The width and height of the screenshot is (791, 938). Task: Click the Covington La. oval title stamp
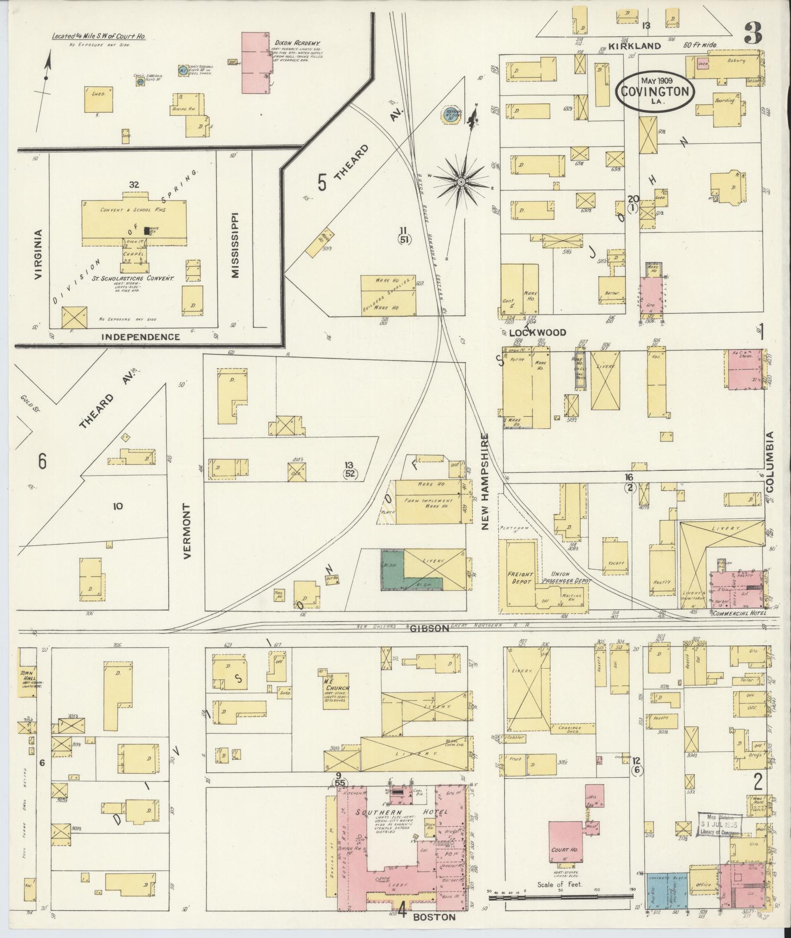[655, 91]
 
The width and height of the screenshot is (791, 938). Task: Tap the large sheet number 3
[752, 33]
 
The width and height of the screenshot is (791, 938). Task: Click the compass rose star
[461, 182]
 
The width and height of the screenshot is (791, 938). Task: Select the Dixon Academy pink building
[255, 63]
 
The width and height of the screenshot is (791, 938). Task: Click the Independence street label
[140, 337]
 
